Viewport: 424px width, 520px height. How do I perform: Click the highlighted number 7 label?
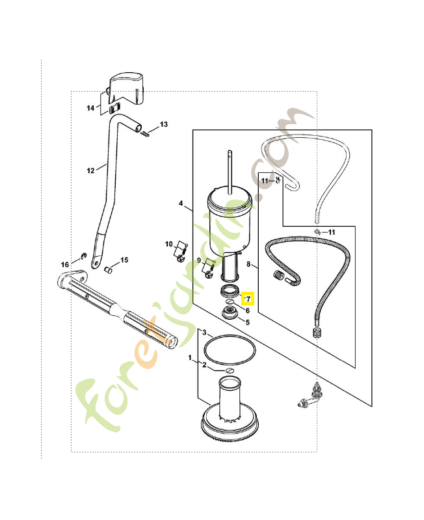[247, 299]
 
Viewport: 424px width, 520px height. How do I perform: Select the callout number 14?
[90, 107]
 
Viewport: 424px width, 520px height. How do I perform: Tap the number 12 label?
[90, 170]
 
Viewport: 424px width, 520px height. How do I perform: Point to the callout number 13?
[163, 123]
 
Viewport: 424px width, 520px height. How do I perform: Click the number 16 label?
[65, 264]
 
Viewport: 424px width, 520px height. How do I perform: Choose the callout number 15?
[124, 260]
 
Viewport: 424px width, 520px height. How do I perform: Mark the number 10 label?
[168, 244]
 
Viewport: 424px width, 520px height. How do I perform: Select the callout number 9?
[199, 261]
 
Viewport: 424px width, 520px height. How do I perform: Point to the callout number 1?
[191, 358]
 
